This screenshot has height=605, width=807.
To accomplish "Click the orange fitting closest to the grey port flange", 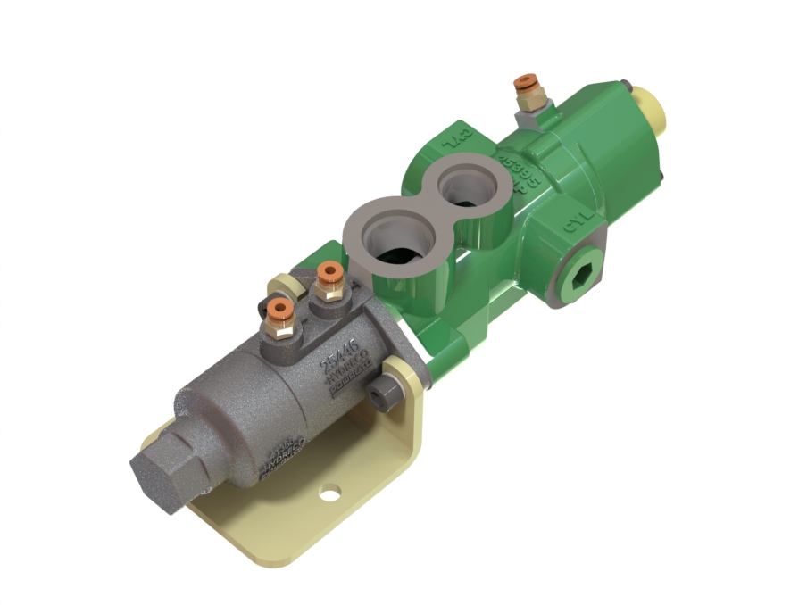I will click(329, 271).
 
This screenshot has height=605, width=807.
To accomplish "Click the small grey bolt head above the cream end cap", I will click(631, 87).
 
